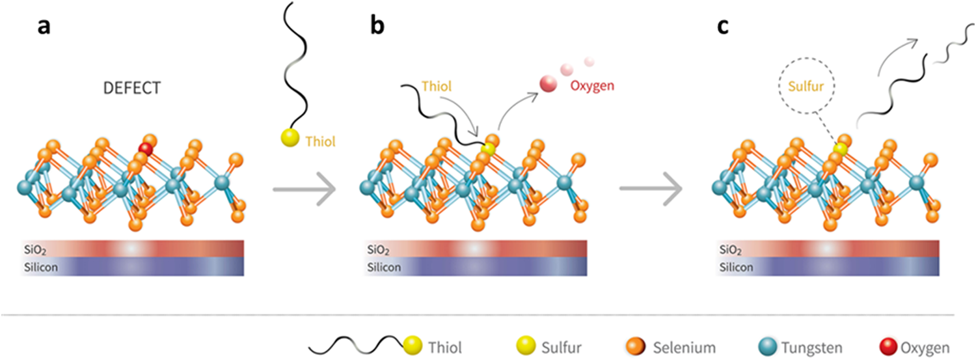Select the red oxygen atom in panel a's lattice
pyautogui.click(x=146, y=150)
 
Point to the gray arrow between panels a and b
pyautogui.click(x=304, y=189)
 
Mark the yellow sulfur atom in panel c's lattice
pyautogui.click(x=840, y=149)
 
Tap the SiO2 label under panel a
pyautogui.click(x=38, y=249)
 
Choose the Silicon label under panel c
pyautogui.click(x=737, y=266)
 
